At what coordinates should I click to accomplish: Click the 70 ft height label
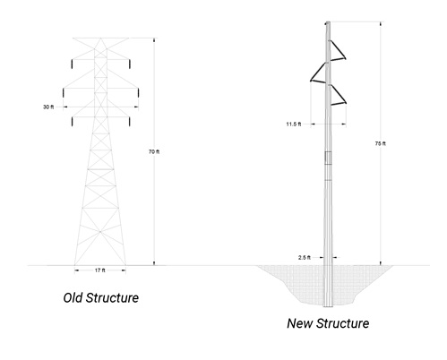(154, 152)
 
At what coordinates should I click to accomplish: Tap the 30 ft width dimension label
(48, 107)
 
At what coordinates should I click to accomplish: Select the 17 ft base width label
(100, 270)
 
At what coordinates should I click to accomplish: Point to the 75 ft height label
(381, 143)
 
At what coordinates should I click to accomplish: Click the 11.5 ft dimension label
(294, 124)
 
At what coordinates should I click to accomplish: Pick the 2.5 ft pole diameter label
(305, 258)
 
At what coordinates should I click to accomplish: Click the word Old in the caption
(73, 298)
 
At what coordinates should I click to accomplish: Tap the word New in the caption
(299, 323)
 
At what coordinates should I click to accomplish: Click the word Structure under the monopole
(343, 323)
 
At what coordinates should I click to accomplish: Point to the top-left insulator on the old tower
(72, 64)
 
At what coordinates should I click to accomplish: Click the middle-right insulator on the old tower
(138, 93)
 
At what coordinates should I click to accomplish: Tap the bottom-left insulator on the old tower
(72, 122)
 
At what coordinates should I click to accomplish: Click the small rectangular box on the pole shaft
(328, 158)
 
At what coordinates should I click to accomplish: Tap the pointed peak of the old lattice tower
(100, 39)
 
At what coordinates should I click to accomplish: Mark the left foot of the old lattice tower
(75, 264)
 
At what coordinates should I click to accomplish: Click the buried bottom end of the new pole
(328, 306)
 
